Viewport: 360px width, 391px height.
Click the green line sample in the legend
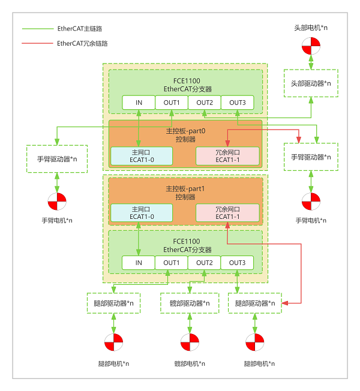(x=38, y=29)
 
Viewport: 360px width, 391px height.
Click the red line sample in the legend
(x=37, y=43)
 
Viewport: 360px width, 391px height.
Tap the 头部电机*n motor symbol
(x=311, y=46)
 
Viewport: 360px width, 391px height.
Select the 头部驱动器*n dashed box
(x=311, y=83)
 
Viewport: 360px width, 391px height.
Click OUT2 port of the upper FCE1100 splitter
(x=205, y=103)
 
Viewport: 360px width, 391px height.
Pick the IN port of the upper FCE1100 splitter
(x=139, y=103)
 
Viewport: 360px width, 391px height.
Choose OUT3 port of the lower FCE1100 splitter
(x=237, y=263)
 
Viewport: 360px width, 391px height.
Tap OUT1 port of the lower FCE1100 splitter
(x=172, y=263)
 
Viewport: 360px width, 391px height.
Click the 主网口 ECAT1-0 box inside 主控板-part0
(x=142, y=156)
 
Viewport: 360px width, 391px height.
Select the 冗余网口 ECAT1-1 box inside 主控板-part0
(x=227, y=156)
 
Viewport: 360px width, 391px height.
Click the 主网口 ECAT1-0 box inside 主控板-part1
(x=142, y=213)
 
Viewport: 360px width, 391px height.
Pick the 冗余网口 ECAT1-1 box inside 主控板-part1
(x=227, y=213)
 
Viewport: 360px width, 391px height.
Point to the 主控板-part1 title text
(x=185, y=189)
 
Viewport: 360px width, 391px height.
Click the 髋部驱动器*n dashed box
(x=190, y=303)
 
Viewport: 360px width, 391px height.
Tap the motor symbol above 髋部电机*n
(x=190, y=342)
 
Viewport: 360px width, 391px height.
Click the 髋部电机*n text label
(x=190, y=363)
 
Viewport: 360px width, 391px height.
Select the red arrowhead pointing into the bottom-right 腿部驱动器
(x=285, y=303)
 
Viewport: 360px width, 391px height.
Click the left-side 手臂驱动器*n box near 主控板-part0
(x=57, y=159)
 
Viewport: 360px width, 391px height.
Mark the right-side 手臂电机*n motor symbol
(x=311, y=201)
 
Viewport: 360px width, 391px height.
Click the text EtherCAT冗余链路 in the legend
(x=82, y=43)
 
